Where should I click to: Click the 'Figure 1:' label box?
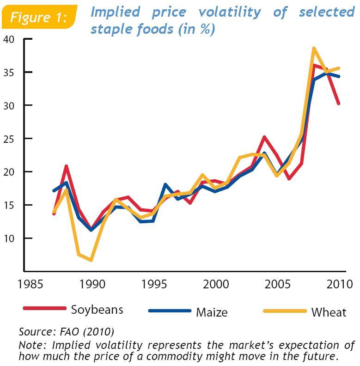pyautogui.click(x=39, y=18)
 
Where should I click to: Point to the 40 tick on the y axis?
pyautogui.click(x=10, y=39)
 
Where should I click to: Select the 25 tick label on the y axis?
pyautogui.click(x=10, y=139)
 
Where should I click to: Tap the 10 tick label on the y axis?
pyautogui.click(x=10, y=238)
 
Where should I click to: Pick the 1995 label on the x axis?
pyautogui.click(x=152, y=283)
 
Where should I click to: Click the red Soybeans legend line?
pyautogui.click(x=44, y=309)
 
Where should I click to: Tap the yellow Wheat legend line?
pyautogui.click(x=285, y=311)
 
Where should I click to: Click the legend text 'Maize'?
pyautogui.click(x=212, y=312)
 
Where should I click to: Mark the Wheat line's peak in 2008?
pyautogui.click(x=314, y=48)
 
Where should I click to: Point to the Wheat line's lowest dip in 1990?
pyautogui.click(x=91, y=260)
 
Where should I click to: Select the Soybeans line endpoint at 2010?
pyautogui.click(x=339, y=104)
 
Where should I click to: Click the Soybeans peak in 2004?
pyautogui.click(x=264, y=137)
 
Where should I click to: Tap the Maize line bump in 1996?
pyautogui.click(x=165, y=184)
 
